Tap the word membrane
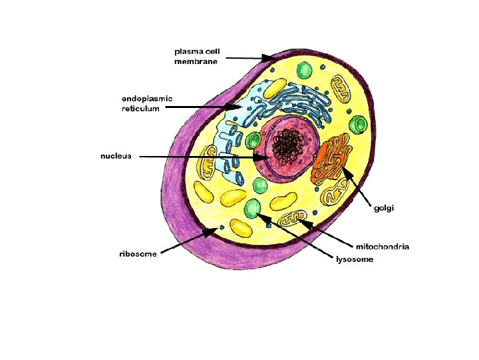pos(196,61)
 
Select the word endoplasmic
pos(146,99)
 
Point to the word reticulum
pos(140,109)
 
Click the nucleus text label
pos(116,156)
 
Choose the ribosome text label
pos(138,254)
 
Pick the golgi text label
pos(384,208)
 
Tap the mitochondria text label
pos(383,247)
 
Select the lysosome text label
pos(355,259)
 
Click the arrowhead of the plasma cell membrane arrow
pos(271,59)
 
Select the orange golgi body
pos(331,160)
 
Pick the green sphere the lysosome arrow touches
pos(253,207)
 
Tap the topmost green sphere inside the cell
pos(305,70)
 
